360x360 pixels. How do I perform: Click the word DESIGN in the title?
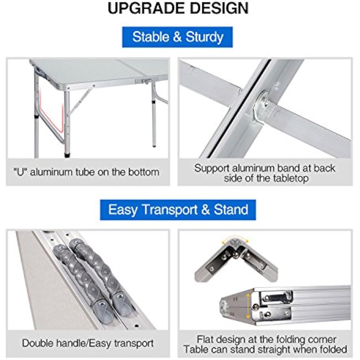pyautogui.click(x=220, y=8)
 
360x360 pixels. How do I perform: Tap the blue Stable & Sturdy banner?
pyautogui.click(x=177, y=37)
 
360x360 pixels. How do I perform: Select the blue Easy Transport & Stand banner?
pyautogui.click(x=178, y=209)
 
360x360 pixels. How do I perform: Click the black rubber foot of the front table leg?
pyautogui.click(x=67, y=155)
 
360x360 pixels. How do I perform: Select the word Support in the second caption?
pyautogui.click(x=212, y=168)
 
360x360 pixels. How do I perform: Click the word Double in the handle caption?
pyautogui.click(x=38, y=343)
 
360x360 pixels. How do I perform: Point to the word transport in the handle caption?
pyautogui.click(x=134, y=343)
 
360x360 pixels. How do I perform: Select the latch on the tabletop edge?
pyautogui.click(x=142, y=81)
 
